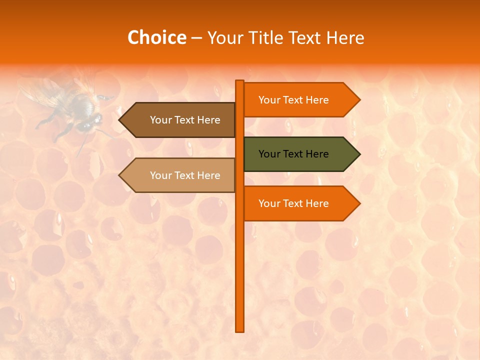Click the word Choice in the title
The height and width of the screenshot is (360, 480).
(156, 37)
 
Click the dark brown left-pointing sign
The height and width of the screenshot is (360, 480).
(180, 120)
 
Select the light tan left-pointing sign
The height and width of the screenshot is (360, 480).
(180, 175)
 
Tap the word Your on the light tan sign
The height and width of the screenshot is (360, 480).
(160, 175)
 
